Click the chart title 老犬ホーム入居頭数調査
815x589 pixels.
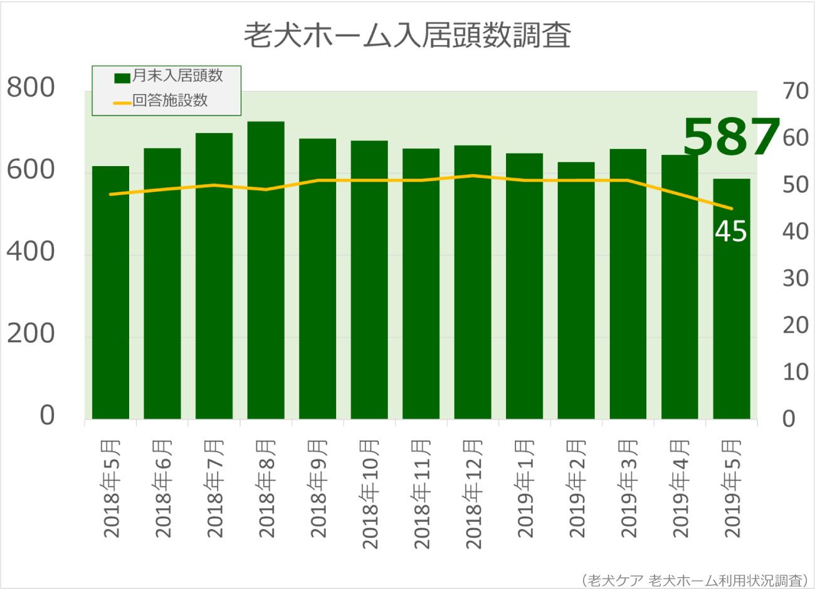407,36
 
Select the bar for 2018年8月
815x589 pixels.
266,269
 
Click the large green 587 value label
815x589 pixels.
730,138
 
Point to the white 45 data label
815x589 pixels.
730,232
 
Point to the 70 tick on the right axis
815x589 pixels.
796,91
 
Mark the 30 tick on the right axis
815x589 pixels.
796,278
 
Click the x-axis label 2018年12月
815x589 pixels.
473,494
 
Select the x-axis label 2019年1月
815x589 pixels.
525,489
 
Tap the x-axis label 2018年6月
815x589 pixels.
163,489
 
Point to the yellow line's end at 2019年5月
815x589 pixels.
731,209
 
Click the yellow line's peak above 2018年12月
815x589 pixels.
473,175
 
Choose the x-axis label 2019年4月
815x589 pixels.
681,489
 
